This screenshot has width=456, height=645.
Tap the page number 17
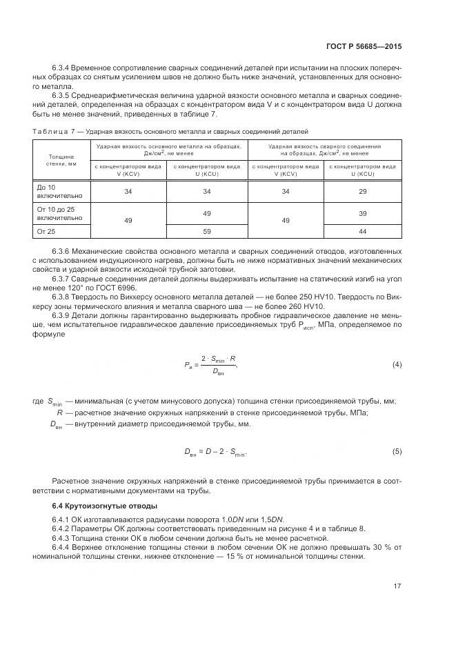397,587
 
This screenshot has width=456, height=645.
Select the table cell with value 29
363,191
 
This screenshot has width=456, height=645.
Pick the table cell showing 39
363,215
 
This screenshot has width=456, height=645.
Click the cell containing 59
207,232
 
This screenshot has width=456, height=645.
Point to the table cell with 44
363,232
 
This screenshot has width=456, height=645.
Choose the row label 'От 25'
46,232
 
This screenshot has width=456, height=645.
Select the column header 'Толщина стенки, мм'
59,160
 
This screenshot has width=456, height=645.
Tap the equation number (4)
397,364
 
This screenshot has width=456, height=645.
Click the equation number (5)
397,452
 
